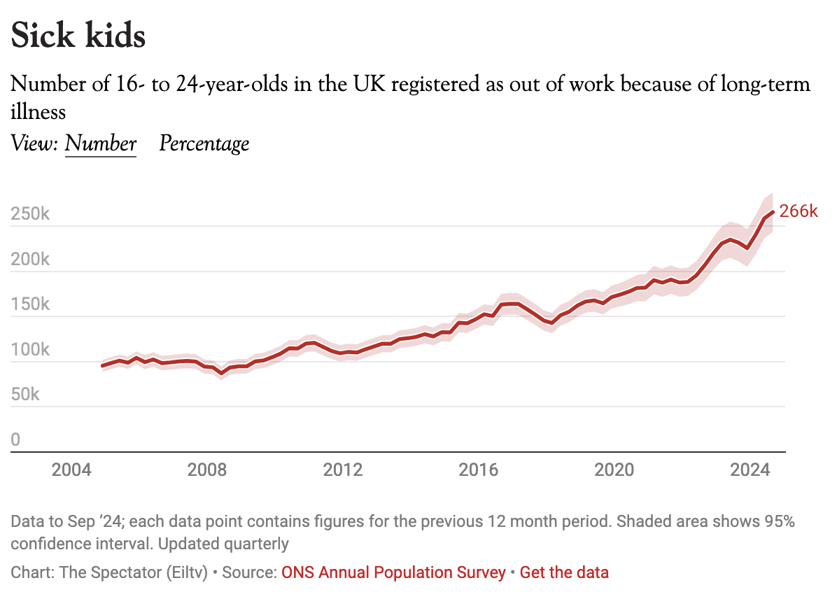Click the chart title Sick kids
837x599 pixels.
click(x=78, y=36)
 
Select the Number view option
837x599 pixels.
click(x=100, y=143)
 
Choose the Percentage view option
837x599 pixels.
click(x=204, y=143)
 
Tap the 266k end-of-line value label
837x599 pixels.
click(x=799, y=211)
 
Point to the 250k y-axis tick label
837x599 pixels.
click(x=31, y=214)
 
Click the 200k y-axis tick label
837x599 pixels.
click(x=31, y=260)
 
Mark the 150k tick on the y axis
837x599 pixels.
click(x=31, y=304)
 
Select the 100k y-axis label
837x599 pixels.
click(x=31, y=350)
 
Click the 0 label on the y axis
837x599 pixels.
click(x=15, y=440)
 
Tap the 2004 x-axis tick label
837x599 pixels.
click(x=72, y=469)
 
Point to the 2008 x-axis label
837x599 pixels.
click(x=208, y=469)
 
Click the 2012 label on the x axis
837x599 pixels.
click(x=343, y=469)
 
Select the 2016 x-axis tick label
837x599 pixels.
click(x=479, y=469)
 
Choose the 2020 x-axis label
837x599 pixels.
click(x=614, y=469)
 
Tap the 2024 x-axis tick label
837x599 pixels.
click(x=750, y=469)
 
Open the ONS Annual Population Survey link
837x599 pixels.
click(x=393, y=572)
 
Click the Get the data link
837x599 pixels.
click(x=564, y=572)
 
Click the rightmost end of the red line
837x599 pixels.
click(x=773, y=211)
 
